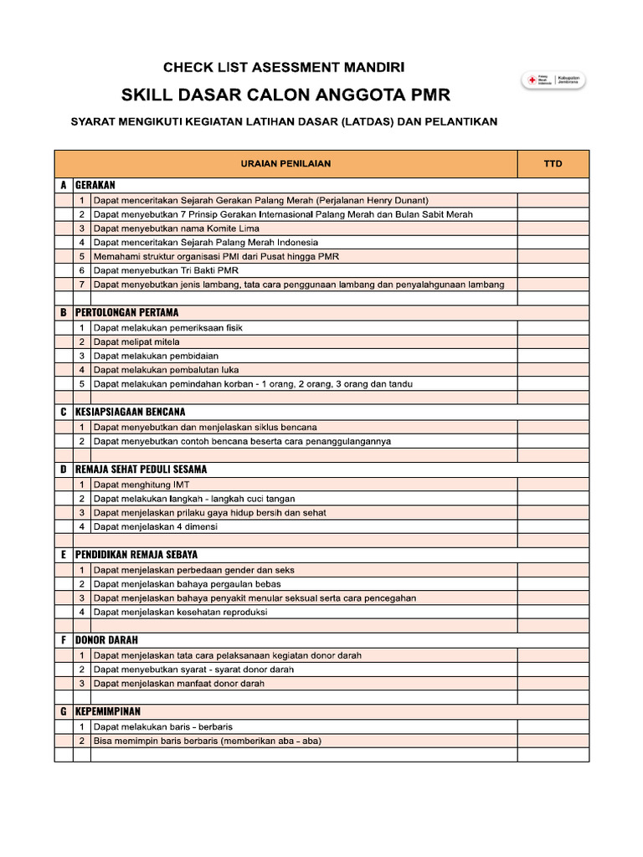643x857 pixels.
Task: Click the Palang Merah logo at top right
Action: pos(553,81)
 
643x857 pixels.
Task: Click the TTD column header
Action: pos(553,164)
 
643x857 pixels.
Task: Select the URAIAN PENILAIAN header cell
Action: pos(285,164)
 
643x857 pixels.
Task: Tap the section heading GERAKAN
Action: pos(95,185)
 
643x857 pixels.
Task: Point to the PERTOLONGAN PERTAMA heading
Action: pos(126,312)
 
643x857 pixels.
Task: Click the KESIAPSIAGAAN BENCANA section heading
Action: pos(130,412)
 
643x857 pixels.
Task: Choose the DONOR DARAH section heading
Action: pos(106,639)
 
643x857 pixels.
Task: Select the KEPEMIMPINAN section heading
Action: pos(108,711)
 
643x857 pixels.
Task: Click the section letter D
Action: pos(64,470)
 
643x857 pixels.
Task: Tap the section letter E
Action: pos(64,555)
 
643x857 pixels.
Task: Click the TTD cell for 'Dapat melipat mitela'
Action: pos(553,342)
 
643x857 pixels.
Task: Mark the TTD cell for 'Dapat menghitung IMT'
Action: pos(553,485)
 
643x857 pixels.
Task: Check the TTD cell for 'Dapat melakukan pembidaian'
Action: pos(553,357)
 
